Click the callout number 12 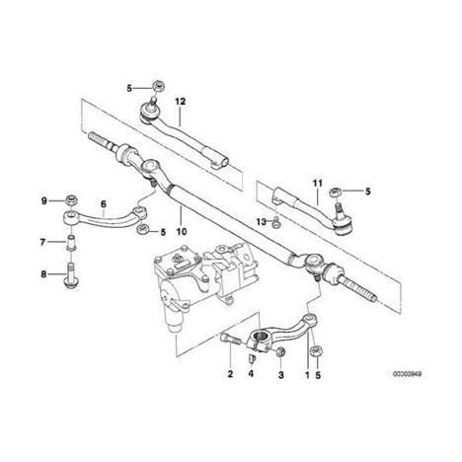click(180, 102)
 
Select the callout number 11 click(318, 183)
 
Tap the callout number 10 click(182, 232)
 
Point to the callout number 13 click(262, 222)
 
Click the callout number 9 click(44, 200)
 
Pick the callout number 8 click(43, 273)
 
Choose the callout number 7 click(42, 243)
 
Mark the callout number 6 click(104, 204)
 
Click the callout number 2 click(230, 374)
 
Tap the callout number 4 click(251, 374)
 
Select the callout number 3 click(281, 375)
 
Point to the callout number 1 click(307, 375)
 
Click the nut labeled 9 click(71, 199)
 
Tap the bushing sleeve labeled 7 click(71, 243)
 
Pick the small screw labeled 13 click(275, 224)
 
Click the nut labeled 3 click(280, 351)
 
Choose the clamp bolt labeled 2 click(230, 339)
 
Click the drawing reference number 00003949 click(407, 374)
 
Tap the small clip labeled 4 click(252, 358)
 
